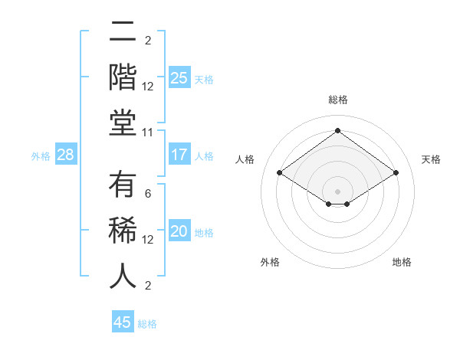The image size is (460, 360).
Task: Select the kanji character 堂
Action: (123, 122)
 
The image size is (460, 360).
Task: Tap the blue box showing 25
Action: (179, 78)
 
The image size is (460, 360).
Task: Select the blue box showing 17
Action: (179, 155)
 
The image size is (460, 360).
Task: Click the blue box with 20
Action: (179, 232)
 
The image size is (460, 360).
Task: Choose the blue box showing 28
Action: (66, 155)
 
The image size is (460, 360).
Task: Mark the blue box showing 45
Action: (123, 322)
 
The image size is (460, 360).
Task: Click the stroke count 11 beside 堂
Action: (148, 133)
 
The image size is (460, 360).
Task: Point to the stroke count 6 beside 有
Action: (148, 193)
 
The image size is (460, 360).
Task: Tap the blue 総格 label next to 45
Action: (147, 324)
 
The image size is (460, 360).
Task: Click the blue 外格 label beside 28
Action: (41, 156)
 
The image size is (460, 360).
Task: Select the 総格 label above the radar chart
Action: (337, 100)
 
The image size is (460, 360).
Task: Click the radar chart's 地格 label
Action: (402, 262)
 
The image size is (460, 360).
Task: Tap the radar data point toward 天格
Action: (396, 173)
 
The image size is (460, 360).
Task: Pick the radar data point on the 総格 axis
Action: (337, 130)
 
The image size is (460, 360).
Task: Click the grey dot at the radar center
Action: (337, 190)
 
